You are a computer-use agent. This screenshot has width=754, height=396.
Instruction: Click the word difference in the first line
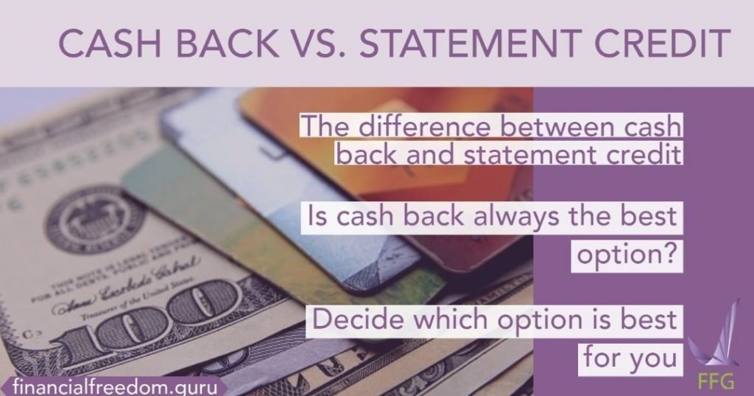pyautogui.click(x=419, y=127)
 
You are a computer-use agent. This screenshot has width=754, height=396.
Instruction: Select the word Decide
pyautogui.click(x=355, y=322)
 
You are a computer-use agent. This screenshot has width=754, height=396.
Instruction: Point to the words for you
pyautogui.click(x=630, y=357)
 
